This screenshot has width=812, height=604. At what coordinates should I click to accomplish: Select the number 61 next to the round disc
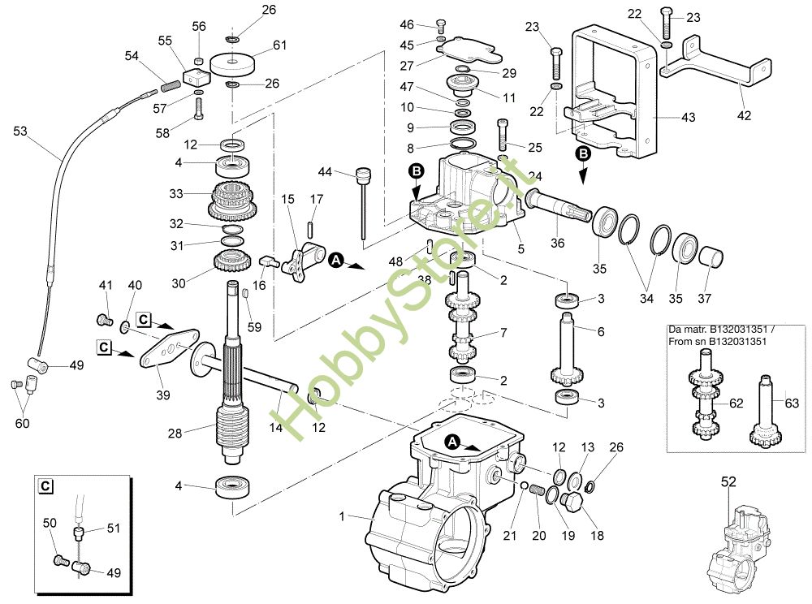[279, 45]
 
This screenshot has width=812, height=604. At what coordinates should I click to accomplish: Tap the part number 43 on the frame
[688, 118]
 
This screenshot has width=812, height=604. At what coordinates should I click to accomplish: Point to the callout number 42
[745, 115]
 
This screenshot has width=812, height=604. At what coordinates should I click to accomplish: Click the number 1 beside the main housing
[342, 516]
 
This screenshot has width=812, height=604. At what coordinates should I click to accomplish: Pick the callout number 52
[728, 482]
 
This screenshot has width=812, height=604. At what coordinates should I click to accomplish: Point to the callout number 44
[325, 172]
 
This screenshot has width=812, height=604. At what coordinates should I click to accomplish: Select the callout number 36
[557, 243]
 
